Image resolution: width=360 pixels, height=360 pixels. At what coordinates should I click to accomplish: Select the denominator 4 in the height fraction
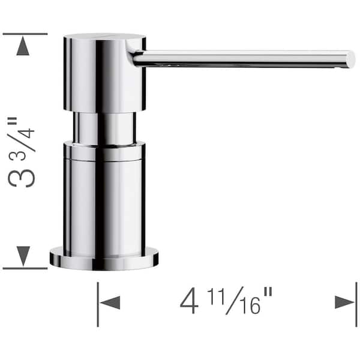(28, 130)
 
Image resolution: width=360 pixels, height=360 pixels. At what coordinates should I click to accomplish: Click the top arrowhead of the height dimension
(23, 47)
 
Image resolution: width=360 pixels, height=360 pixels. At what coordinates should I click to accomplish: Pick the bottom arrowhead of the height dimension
(23, 256)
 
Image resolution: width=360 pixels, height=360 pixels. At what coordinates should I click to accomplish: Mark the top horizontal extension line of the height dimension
(24, 34)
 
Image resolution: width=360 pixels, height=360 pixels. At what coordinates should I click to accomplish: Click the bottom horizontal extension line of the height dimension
(24, 268)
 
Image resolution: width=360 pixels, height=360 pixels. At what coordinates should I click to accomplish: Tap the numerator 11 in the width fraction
(220, 295)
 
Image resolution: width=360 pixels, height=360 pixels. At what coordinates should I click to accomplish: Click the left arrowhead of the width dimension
(109, 302)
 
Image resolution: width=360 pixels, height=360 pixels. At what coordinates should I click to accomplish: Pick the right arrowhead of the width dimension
(345, 302)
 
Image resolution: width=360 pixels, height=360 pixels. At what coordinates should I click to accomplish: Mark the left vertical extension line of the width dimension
(98, 304)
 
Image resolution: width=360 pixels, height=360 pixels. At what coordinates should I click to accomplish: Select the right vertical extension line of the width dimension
(356, 304)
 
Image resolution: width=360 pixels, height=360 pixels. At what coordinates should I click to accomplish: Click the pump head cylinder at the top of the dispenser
(104, 72)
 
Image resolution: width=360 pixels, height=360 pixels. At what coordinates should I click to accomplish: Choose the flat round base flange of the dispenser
(104, 259)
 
